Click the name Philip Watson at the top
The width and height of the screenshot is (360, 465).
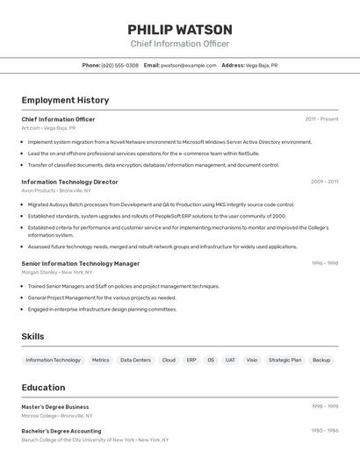click(x=180, y=30)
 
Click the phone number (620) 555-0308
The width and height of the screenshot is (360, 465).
click(x=119, y=65)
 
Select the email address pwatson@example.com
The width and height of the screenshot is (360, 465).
click(x=189, y=65)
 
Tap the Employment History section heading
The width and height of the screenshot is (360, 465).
click(x=65, y=101)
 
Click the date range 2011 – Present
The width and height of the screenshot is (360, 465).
click(x=321, y=119)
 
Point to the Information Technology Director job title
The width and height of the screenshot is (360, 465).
click(x=69, y=182)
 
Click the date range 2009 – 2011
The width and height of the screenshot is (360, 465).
click(x=324, y=182)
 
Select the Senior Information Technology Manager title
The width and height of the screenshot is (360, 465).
click(x=80, y=263)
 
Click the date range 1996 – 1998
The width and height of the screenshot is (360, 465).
click(x=324, y=263)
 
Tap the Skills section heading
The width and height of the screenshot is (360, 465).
click(x=32, y=337)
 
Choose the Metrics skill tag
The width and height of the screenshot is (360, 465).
click(x=101, y=360)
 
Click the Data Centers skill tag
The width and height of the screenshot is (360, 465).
click(x=136, y=360)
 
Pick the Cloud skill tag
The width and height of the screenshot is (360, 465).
click(x=169, y=360)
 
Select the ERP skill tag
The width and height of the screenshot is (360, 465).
click(x=191, y=360)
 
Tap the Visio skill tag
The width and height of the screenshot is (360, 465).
click(x=252, y=360)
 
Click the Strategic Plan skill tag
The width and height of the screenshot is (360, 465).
click(x=284, y=360)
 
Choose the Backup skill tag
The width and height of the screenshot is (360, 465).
click(x=321, y=360)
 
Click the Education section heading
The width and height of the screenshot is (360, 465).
click(x=43, y=388)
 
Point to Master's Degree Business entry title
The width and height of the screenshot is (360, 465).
click(x=54, y=407)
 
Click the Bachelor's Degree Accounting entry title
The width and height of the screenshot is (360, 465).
click(x=61, y=431)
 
